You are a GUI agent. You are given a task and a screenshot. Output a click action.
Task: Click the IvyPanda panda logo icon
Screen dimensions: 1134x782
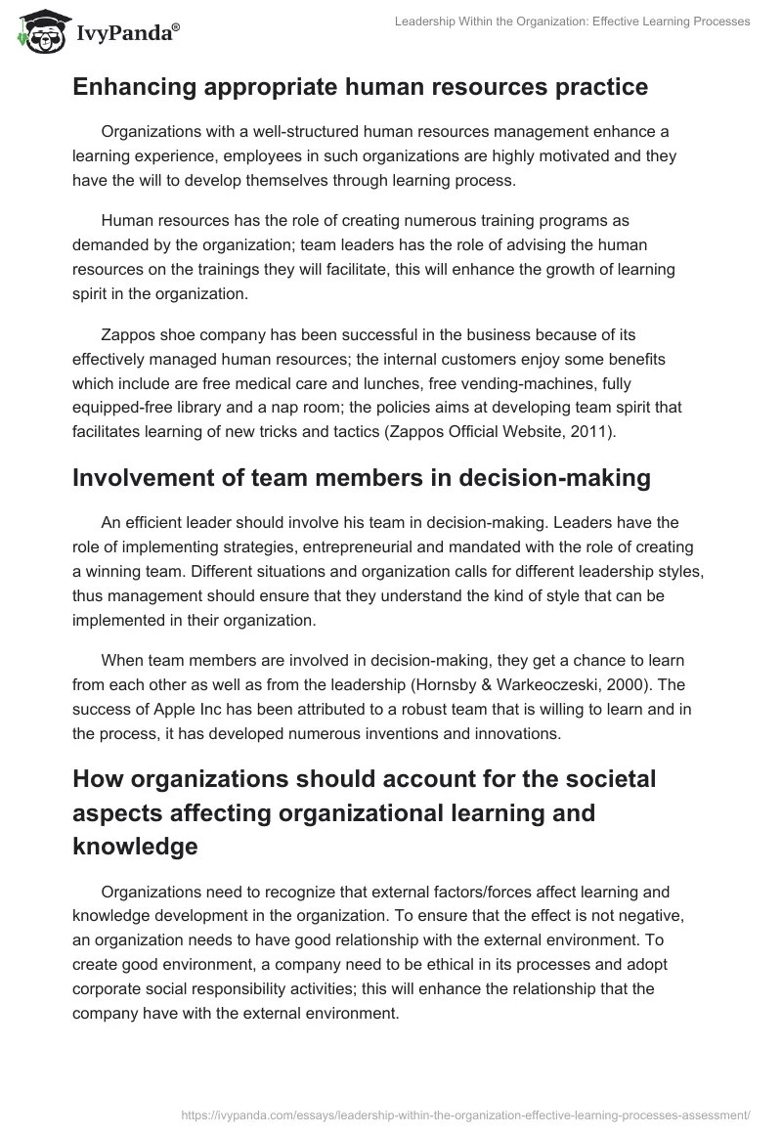coord(40,33)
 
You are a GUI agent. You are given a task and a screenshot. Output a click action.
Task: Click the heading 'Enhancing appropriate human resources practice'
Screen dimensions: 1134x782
coord(360,87)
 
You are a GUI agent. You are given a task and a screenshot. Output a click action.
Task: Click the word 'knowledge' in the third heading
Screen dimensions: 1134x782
coord(135,847)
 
